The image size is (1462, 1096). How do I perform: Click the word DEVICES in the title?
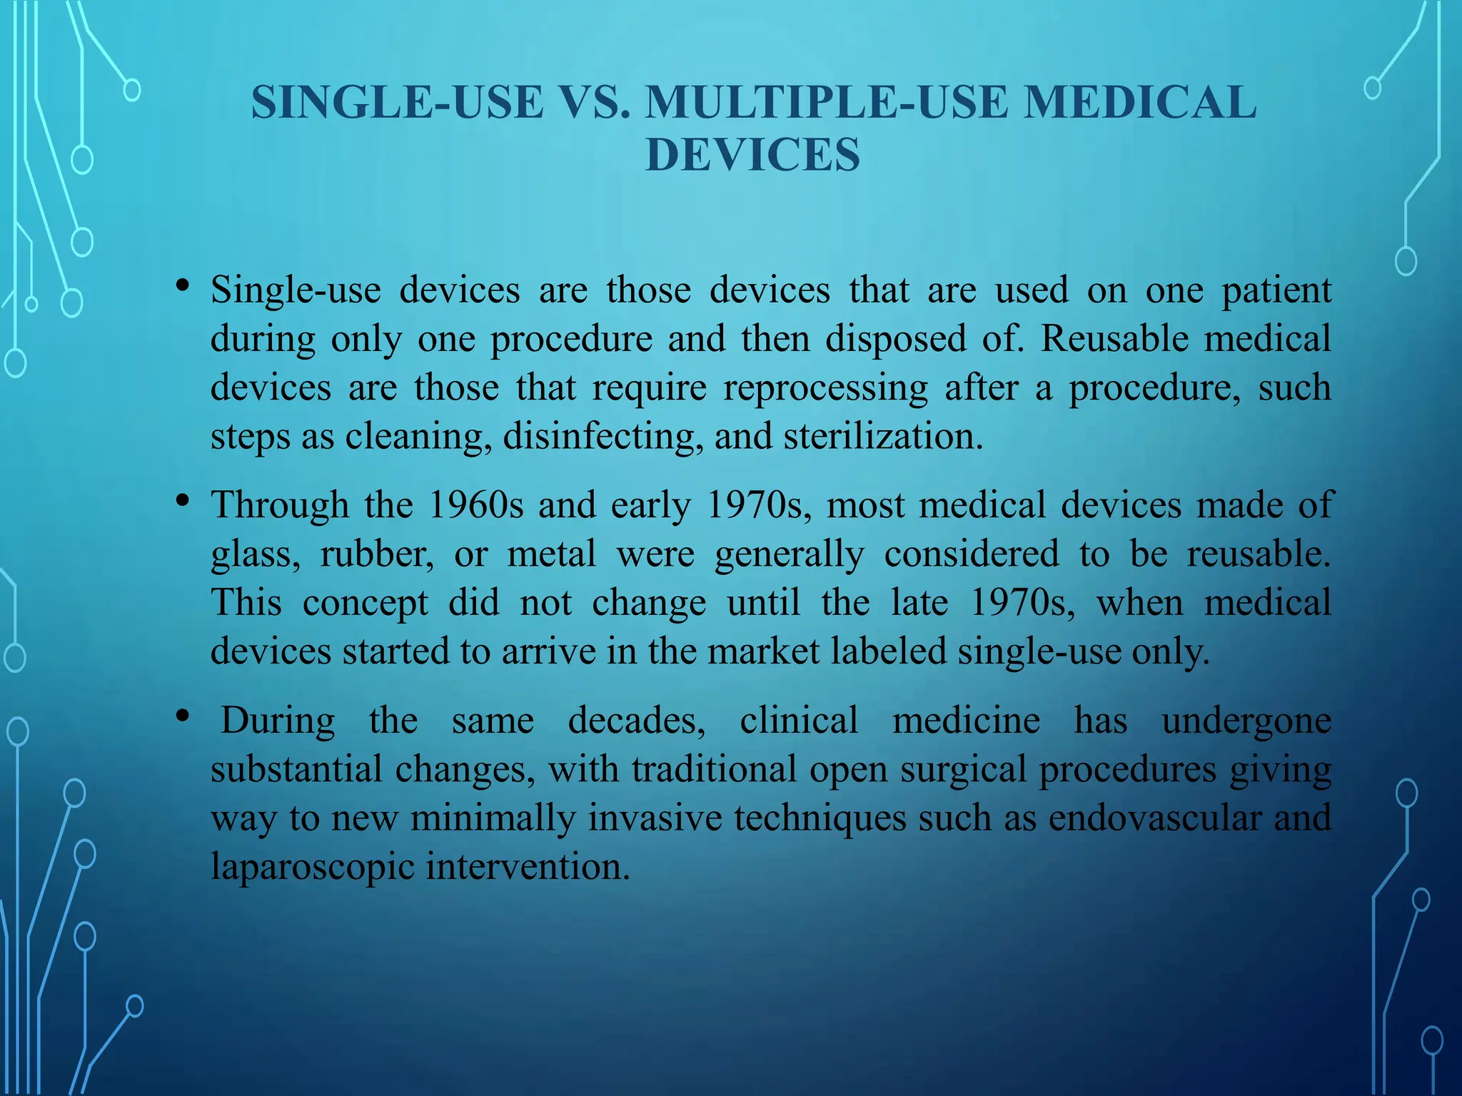[752, 155]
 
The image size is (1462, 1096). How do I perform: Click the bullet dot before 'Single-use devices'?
[183, 286]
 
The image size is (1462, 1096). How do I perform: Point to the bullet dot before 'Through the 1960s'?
[183, 501]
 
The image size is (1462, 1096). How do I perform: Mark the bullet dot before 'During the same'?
[183, 716]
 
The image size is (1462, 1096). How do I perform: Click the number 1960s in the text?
[475, 505]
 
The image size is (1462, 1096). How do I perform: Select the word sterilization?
[883, 436]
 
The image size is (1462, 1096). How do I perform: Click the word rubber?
[376, 554]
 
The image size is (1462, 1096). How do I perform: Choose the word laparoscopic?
[313, 867]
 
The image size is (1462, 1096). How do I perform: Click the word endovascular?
[1154, 818]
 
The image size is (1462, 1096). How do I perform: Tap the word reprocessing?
[825, 388]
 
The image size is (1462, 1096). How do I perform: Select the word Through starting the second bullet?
[279, 505]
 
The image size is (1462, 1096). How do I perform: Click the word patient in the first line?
[1276, 290]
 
